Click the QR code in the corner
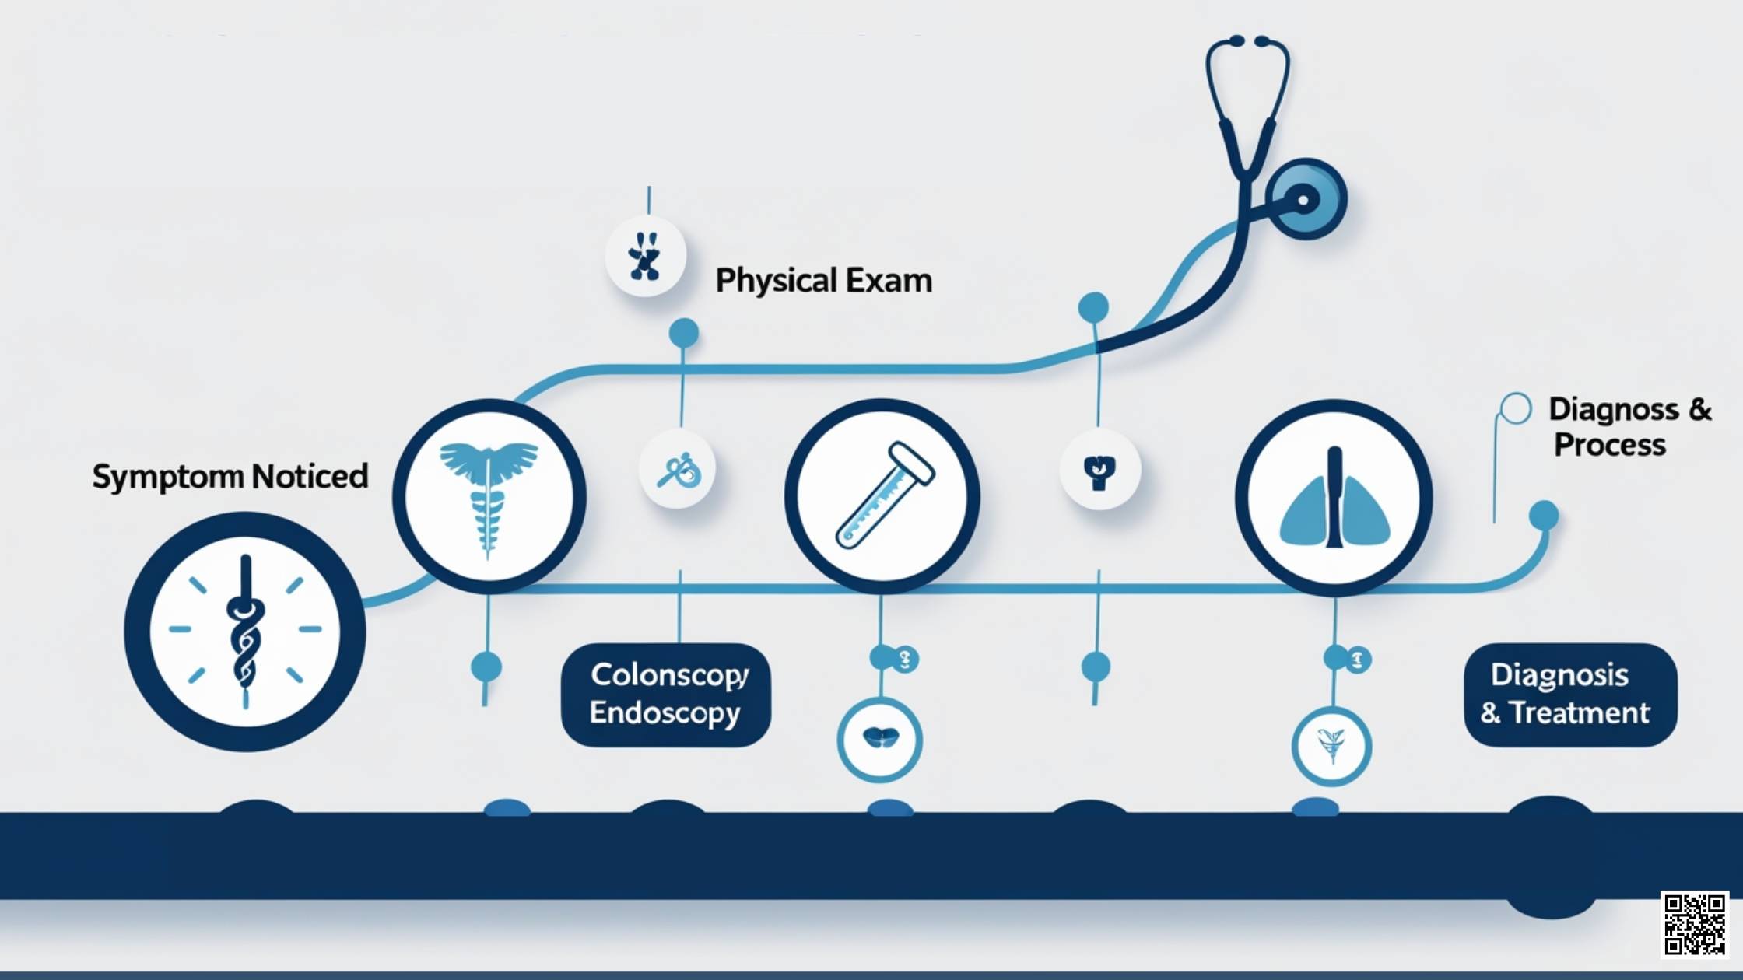[x=1695, y=924]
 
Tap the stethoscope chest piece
[x=1306, y=199]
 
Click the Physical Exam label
[x=823, y=281]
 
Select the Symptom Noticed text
[x=230, y=476]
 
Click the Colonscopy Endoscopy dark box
[x=666, y=695]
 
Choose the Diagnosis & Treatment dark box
[x=1569, y=695]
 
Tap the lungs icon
[x=1334, y=498]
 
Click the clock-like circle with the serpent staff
[x=245, y=631]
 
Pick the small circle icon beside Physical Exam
[x=646, y=256]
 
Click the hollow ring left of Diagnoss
[x=1515, y=408]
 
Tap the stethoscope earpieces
[x=1247, y=40]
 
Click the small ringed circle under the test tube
[x=880, y=740]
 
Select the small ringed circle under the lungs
[x=1331, y=746]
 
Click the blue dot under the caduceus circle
[x=486, y=667]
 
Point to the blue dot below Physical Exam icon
[x=683, y=334]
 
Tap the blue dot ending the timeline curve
[x=1544, y=515]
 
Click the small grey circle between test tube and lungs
[x=1099, y=470]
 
